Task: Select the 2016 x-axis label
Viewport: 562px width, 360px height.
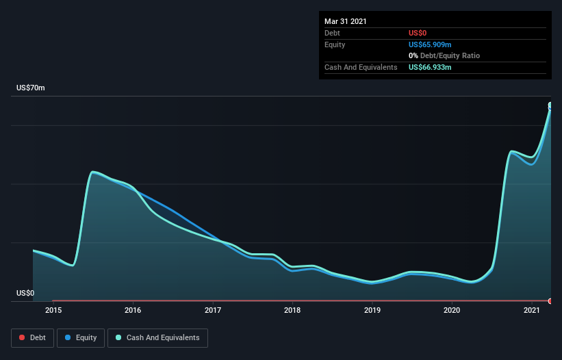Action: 133,311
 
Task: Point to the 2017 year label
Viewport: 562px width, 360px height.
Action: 213,311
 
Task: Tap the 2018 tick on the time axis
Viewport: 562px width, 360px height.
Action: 292,311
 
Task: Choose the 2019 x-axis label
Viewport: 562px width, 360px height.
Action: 372,311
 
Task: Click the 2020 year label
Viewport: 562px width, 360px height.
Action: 452,311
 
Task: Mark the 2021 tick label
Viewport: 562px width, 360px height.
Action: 532,311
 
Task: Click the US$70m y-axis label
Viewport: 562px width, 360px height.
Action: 31,88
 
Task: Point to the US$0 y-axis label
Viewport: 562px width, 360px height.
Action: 25,293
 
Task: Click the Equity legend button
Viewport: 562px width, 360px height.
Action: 81,337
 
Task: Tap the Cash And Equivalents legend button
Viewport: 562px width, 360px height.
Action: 157,337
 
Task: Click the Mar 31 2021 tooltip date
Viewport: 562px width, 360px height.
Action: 346,21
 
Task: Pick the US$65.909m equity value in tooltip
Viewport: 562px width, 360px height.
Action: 430,44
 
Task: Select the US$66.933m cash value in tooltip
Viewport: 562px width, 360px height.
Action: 430,67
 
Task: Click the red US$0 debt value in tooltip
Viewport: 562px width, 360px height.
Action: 418,33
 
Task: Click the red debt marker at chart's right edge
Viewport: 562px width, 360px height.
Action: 550,301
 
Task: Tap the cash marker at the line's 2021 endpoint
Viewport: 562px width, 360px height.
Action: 550,105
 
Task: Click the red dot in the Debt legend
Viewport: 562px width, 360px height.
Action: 22,337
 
